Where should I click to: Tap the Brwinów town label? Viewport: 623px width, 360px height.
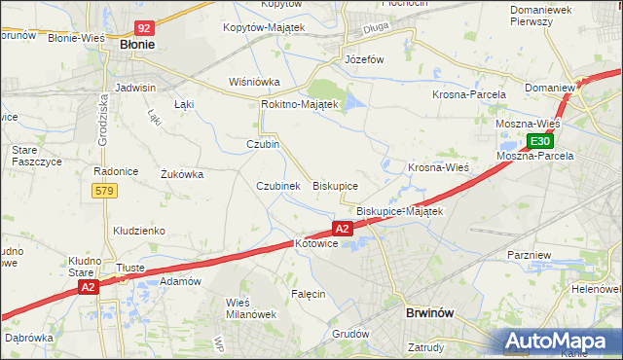click(x=429, y=313)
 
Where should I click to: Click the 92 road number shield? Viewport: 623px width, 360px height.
click(x=144, y=29)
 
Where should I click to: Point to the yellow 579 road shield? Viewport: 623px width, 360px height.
click(x=104, y=191)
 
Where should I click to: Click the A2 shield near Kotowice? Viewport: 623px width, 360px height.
click(x=342, y=229)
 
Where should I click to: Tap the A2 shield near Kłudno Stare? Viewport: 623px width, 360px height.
click(x=88, y=287)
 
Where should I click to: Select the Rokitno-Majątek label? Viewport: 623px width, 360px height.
click(x=299, y=104)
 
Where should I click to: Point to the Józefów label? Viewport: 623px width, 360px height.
click(x=365, y=59)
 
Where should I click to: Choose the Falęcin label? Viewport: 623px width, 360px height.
click(x=308, y=293)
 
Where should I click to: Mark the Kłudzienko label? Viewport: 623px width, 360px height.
click(x=139, y=231)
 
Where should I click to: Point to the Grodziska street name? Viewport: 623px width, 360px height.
click(x=103, y=119)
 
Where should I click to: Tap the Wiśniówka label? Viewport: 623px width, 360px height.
click(x=254, y=82)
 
